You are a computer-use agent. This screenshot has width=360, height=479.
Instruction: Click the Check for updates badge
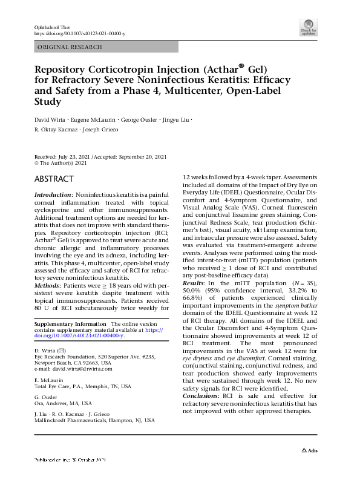click(x=308, y=27)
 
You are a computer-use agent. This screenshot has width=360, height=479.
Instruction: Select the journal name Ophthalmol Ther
click(x=50, y=27)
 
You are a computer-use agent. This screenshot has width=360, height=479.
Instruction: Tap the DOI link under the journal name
click(x=79, y=33)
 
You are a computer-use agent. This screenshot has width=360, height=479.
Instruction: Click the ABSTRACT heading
click(x=54, y=179)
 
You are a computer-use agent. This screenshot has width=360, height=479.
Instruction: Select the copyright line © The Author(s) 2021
click(x=62, y=163)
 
